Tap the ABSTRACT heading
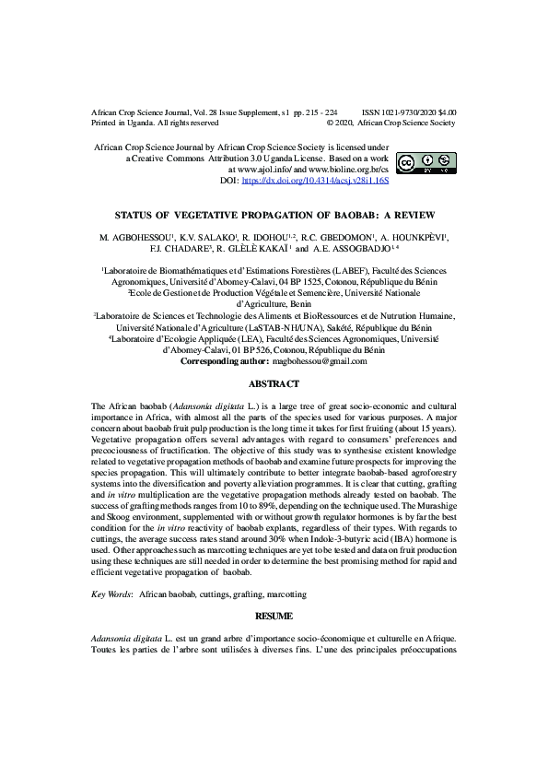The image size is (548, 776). (x=274, y=382)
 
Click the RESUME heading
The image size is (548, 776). (x=274, y=612)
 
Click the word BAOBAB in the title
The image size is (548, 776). (x=372, y=211)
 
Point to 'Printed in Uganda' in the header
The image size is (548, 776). (x=125, y=122)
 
